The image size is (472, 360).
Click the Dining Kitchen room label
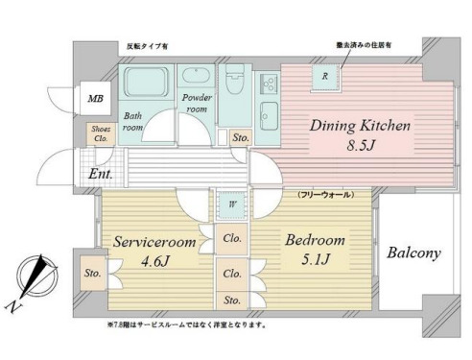coord(360,126)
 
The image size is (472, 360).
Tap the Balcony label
coord(413,254)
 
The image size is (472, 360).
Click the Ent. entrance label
coord(101,175)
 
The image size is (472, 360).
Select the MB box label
coord(96,99)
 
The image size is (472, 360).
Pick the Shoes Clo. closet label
coord(101,133)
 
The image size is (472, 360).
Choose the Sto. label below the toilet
coord(240,139)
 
